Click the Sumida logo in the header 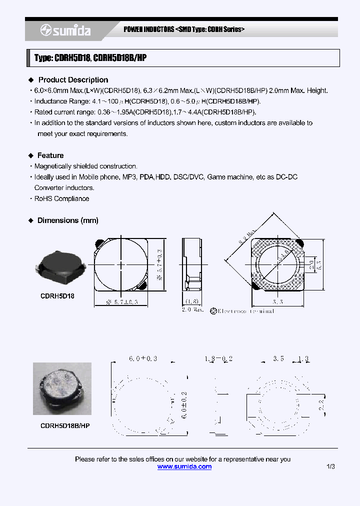(x=65, y=30)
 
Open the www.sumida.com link (x=184, y=466)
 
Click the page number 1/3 (x=330, y=466)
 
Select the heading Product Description (x=73, y=80)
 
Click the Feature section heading (x=50, y=155)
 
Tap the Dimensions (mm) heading (x=68, y=220)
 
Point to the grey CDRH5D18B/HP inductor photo (x=62, y=388)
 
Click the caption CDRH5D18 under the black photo (x=57, y=296)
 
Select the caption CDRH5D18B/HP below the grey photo (x=65, y=425)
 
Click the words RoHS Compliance (x=61, y=198)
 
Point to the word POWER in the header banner (x=134, y=29)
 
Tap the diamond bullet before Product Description (x=31, y=80)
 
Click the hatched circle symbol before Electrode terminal (x=213, y=311)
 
